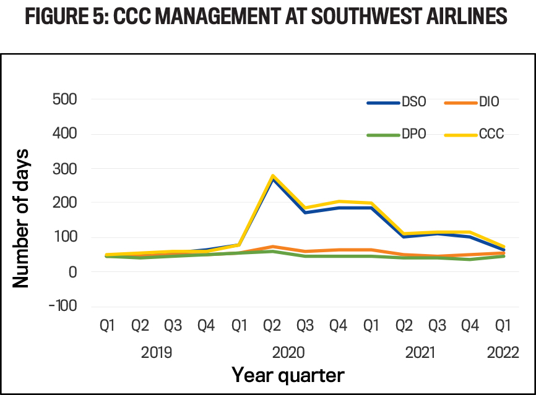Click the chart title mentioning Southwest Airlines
click(268, 16)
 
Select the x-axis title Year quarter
click(288, 374)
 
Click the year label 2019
click(157, 352)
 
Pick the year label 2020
click(288, 352)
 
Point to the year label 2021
click(420, 352)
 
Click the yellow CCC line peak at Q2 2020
click(272, 176)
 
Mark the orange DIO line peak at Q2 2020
click(272, 247)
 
